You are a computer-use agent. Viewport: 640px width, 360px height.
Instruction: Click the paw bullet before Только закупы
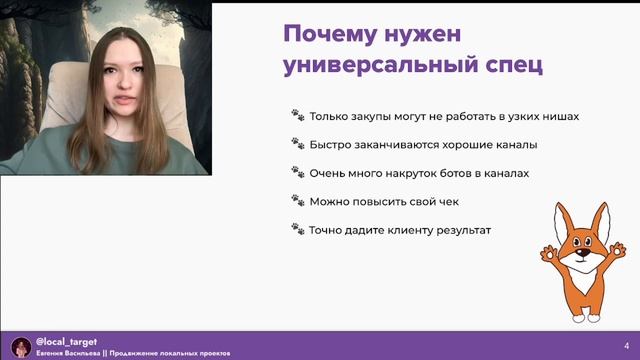[297, 115]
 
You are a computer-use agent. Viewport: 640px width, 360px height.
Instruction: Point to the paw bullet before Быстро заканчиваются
[297, 144]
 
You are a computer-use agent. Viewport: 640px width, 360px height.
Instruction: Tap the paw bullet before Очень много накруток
[297, 173]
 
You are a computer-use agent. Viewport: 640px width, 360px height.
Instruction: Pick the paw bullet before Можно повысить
[297, 201]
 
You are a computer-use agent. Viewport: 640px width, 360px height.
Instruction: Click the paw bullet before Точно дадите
[297, 229]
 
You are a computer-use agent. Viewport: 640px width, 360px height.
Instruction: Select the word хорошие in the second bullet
[457, 144]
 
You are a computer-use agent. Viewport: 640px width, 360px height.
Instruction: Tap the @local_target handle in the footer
[66, 341]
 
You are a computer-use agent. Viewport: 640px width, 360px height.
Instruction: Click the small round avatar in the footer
[18, 346]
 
